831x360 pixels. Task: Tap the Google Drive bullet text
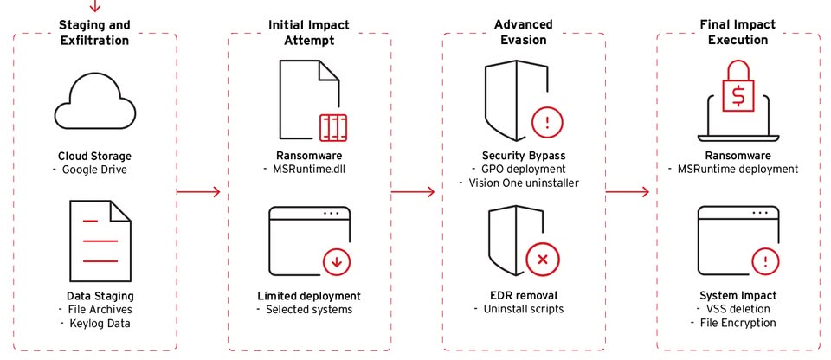[94, 170]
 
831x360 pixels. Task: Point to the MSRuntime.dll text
[309, 170]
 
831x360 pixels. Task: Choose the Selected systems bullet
[309, 309]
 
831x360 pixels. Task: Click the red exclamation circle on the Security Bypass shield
[546, 121]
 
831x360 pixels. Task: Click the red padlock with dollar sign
[738, 87]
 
